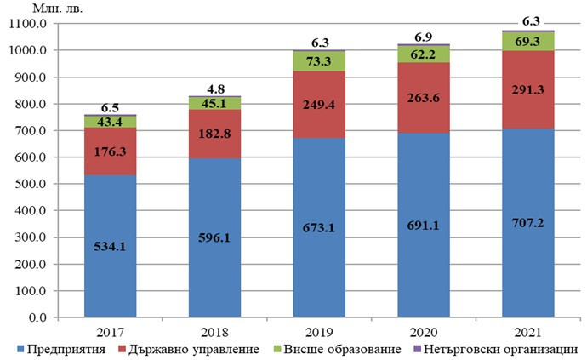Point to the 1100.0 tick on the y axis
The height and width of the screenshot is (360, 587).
[x=29, y=24]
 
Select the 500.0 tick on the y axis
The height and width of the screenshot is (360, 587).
[x=31, y=184]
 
